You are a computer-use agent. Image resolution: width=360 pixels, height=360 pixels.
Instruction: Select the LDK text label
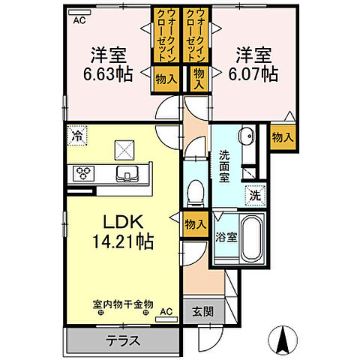pos(112,223)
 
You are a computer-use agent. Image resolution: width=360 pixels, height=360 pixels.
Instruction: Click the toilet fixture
pos(194,191)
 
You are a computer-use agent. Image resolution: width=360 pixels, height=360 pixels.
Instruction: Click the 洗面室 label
pos(225,167)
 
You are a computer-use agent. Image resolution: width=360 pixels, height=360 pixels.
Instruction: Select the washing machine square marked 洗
pos(254,195)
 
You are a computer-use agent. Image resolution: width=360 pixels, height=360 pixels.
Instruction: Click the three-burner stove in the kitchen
pos(84,174)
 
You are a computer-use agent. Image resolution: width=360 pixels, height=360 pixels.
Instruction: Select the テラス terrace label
pos(122,340)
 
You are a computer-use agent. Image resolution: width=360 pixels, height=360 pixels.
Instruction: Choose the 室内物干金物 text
pos(122,304)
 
